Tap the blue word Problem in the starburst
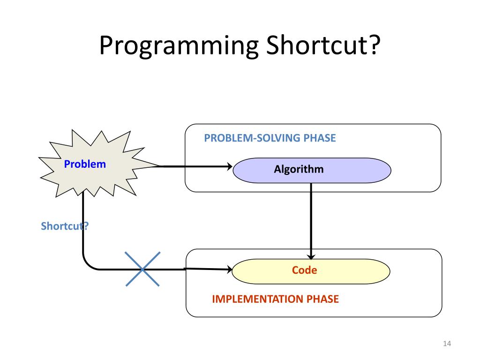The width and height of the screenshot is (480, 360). point(85,164)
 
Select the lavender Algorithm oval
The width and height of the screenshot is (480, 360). point(312,170)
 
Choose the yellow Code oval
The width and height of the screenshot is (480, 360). point(311,271)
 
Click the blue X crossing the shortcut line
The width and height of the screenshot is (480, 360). point(142,269)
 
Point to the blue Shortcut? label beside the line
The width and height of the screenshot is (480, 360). point(65,226)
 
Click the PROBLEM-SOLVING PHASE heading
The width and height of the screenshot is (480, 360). point(270,138)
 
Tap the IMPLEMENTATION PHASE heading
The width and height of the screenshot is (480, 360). point(275,299)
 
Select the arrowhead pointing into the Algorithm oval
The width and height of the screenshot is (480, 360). point(230,166)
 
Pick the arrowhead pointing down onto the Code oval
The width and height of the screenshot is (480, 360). point(311,256)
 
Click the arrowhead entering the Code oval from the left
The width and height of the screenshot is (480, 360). point(229,269)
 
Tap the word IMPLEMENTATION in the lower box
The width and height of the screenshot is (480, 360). point(258,299)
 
